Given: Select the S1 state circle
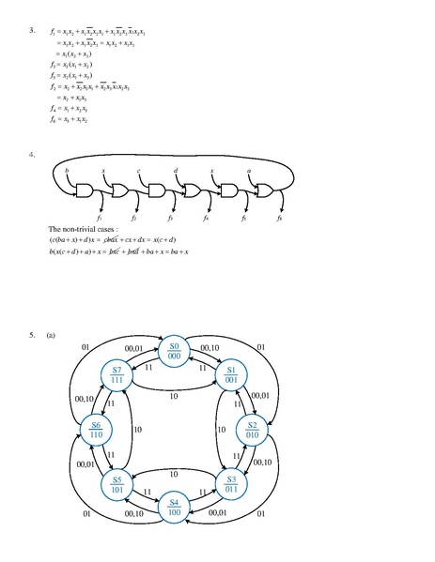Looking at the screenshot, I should (231, 376).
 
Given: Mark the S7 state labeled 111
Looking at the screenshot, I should (117, 376).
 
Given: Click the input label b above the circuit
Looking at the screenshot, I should (68, 170).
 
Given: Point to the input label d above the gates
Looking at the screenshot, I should (176, 170).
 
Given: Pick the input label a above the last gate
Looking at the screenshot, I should (248, 170).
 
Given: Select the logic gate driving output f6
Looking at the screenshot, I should (265, 192).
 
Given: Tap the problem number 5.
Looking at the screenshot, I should (33, 334).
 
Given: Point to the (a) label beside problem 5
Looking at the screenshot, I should (51, 334).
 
